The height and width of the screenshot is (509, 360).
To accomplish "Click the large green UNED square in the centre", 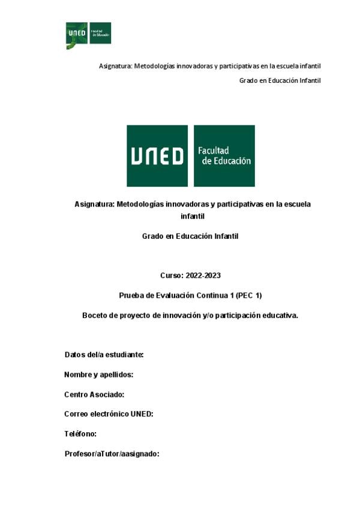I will pos(157,155).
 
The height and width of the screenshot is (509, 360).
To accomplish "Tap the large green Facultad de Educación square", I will pos(224,155).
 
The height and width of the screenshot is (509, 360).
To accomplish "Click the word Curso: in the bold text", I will pos(173,276).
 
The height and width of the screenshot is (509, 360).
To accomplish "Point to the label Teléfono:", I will pos(80,433).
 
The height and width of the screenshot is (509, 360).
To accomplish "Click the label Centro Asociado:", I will pos(94,394).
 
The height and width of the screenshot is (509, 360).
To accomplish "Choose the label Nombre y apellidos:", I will pos(98,375).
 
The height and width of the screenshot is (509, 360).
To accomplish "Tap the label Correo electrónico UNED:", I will pos(109,414).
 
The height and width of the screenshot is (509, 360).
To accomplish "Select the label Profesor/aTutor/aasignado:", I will pos(112,454).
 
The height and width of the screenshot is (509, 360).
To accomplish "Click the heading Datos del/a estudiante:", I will pos(104,355).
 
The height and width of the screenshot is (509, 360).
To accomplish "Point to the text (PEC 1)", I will pos(249,295).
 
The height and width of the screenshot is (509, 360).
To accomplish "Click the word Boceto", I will pos(95,315).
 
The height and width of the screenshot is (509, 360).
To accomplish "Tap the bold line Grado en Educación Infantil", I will pos(190,236).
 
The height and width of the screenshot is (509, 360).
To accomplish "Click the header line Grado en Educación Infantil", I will pos(280,80).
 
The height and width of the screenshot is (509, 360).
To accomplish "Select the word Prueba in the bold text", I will pos(131,295).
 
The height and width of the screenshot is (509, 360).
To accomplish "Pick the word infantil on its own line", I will pos(193,215).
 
